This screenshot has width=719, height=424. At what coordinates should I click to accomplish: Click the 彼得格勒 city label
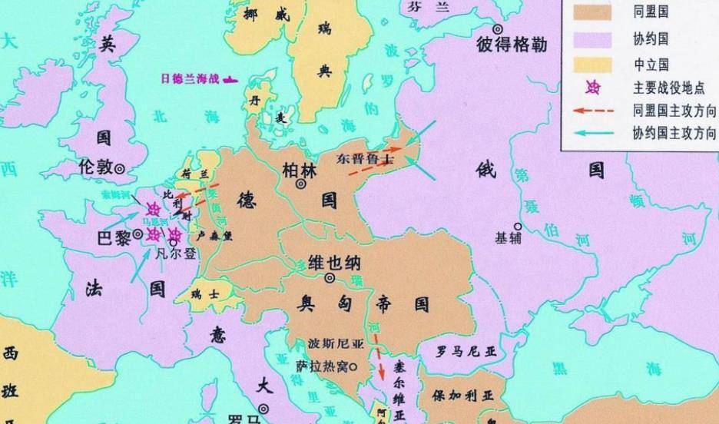512,45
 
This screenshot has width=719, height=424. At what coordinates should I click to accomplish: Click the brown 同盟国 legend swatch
589,12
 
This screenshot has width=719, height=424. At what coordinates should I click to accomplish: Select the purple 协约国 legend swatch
589,38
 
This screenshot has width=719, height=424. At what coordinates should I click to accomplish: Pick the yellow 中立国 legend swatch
589,64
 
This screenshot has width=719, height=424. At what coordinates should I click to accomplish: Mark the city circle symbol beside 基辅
518,227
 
